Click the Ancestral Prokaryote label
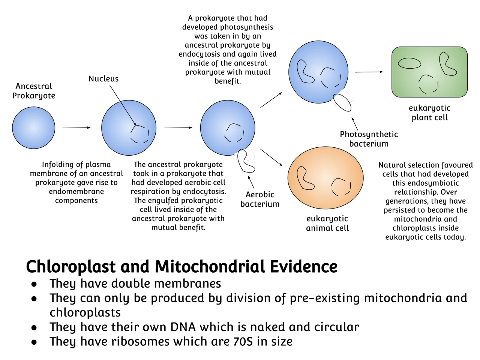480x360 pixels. coord(34,91)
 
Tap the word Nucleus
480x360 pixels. coord(103,79)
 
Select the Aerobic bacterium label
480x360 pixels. coord(260,199)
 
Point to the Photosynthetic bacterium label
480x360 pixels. coord(369,139)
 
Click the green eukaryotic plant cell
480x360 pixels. coord(429,72)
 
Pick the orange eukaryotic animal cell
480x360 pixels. coord(325,178)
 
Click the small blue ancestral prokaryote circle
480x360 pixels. coord(33,128)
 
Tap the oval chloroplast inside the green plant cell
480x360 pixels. coord(409,63)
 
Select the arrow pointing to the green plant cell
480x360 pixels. coord(369,72)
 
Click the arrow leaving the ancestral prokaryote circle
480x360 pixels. coord(76,127)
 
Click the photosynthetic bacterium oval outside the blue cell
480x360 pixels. coord(342,102)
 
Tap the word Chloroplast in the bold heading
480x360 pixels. coord(70,267)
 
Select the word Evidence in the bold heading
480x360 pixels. coord(304,267)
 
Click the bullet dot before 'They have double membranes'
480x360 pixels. coord(34,284)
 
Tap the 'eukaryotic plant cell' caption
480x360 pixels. coord(429,112)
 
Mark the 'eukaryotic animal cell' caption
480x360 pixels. coord(327,223)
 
